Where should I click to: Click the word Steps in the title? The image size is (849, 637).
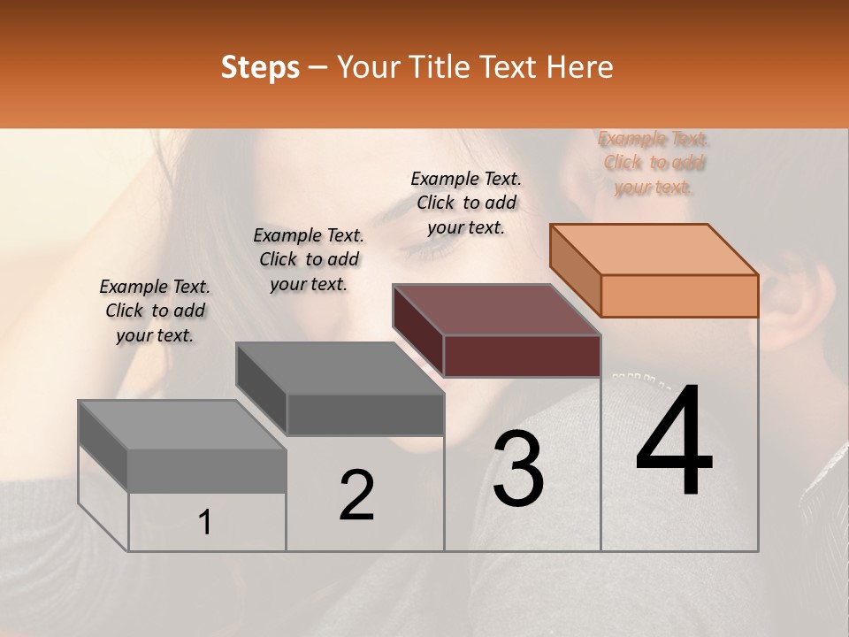click(260, 68)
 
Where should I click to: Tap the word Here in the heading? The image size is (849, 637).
click(580, 67)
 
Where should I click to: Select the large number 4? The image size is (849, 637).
click(674, 441)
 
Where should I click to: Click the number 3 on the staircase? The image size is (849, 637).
click(518, 469)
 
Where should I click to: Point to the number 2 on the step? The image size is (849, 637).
click(357, 495)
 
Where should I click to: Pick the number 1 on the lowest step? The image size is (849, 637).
click(205, 522)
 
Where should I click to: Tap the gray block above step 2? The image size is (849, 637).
click(340, 388)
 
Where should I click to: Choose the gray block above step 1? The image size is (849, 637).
click(183, 447)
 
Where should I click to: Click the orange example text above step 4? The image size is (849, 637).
click(654, 163)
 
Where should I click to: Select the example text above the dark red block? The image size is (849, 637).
click(466, 203)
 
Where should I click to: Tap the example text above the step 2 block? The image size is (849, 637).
click(309, 259)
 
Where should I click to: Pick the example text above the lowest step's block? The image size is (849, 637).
click(155, 311)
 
